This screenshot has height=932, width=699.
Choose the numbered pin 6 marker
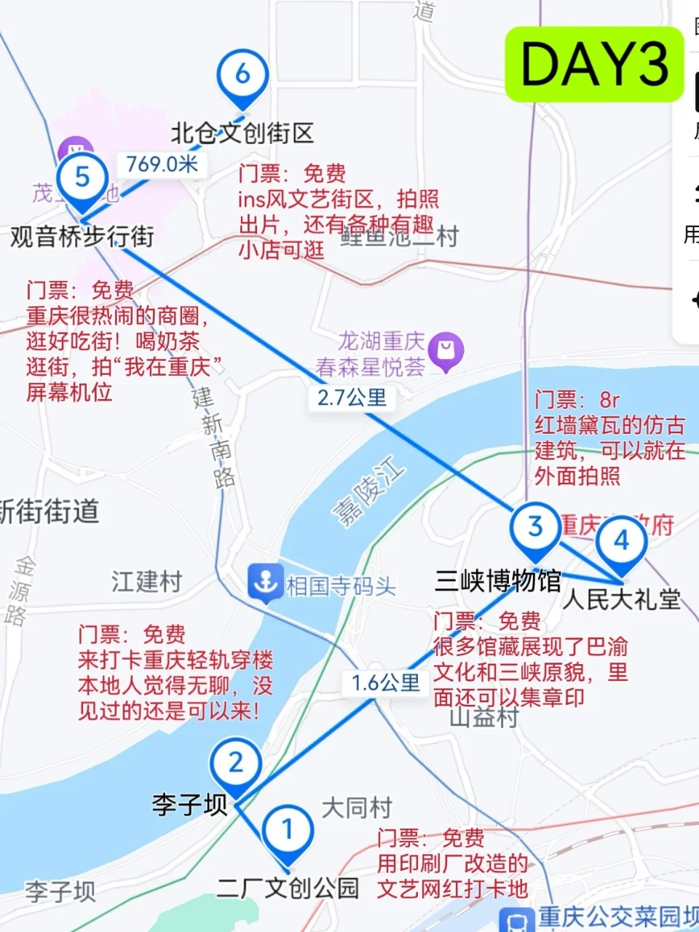point(242,75)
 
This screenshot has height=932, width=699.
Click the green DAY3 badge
point(595,64)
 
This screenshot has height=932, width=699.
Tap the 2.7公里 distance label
point(352,398)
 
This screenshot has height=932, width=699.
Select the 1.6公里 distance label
point(385,683)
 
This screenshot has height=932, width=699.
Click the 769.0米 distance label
point(162,164)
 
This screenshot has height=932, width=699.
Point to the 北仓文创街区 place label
point(242,133)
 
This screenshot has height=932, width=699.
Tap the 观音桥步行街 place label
point(82,237)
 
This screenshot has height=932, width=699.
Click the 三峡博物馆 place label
point(498,581)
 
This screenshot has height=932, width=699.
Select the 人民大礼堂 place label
point(621,599)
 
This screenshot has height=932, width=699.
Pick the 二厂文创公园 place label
point(288,888)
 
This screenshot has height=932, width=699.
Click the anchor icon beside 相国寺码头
point(264,582)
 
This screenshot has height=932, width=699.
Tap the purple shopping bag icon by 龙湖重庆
point(446,351)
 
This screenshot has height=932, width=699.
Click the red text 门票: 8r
point(577,400)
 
